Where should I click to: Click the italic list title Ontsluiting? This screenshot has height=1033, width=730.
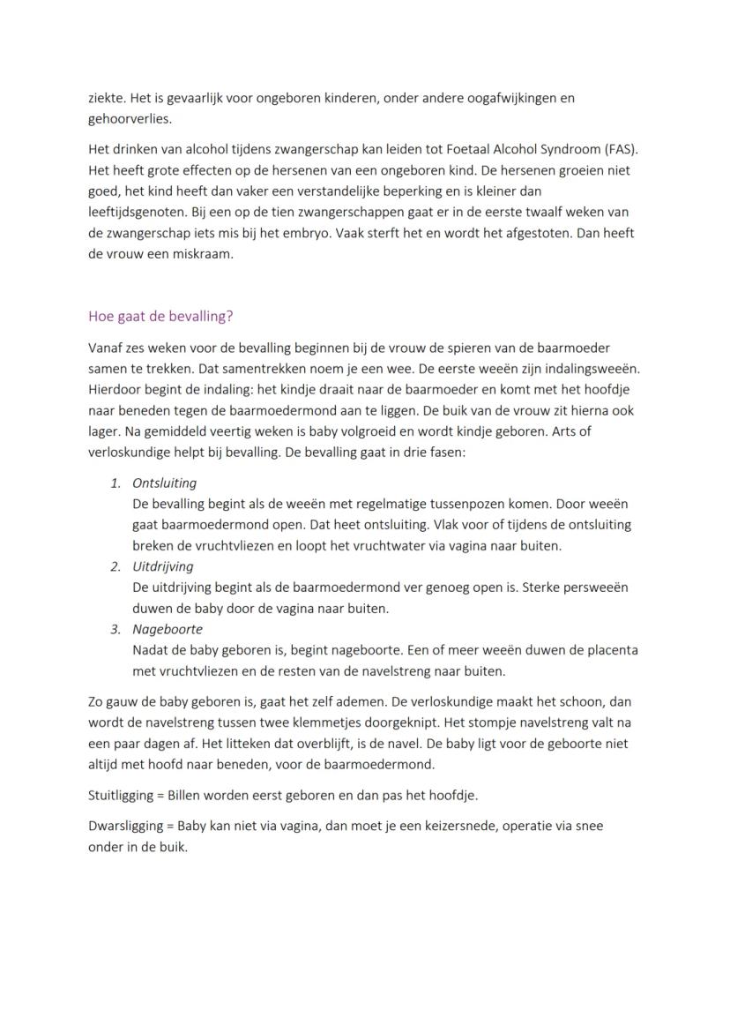(164, 483)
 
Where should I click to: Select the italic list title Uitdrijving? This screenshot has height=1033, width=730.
(162, 566)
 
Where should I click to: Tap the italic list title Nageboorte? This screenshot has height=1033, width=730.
(167, 629)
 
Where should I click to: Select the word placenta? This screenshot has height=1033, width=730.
(611, 650)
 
